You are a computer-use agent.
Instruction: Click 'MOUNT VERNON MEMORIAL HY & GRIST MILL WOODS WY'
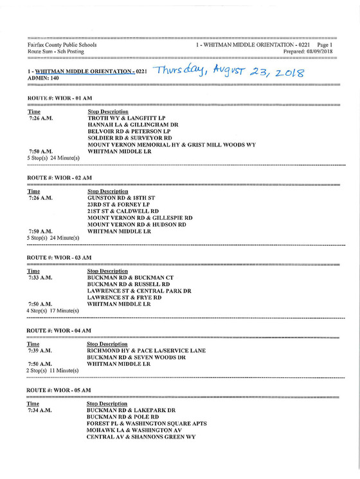pyautogui.click(x=172, y=145)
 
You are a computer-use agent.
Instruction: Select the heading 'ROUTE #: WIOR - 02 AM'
pyautogui.click(x=60, y=177)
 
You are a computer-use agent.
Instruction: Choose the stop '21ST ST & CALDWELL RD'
pyautogui.click(x=123, y=211)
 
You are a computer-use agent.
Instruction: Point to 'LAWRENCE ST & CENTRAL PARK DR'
pyautogui.click(x=139, y=291)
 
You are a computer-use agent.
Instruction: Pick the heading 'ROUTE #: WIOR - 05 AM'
pyautogui.click(x=60, y=390)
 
